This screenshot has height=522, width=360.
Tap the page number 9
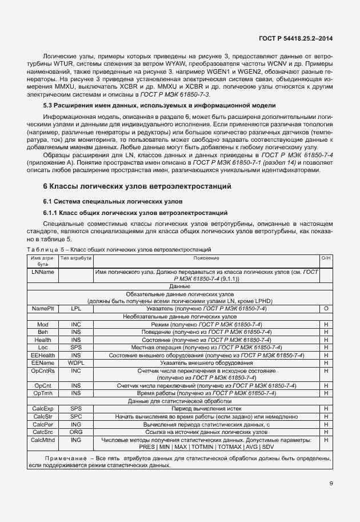(x=331, y=483)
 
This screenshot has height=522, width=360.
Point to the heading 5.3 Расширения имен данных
(x=151, y=105)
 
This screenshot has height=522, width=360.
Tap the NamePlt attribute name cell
(x=43, y=308)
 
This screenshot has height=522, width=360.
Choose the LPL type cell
(x=76, y=308)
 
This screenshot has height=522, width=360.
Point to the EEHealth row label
(x=43, y=355)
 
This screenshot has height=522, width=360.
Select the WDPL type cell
(x=76, y=363)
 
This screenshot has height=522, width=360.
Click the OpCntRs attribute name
(x=43, y=371)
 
